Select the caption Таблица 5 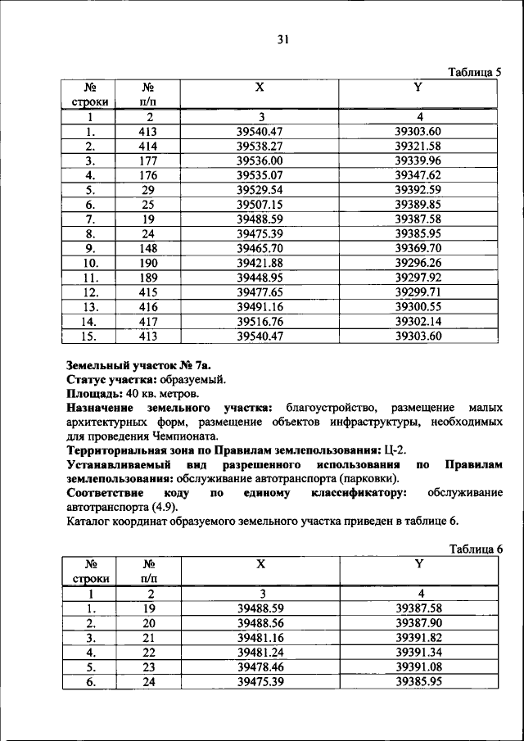click(x=474, y=72)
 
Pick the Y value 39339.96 click(x=418, y=160)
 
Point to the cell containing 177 click(x=148, y=160)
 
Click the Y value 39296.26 click(x=418, y=263)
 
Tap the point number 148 click(x=148, y=248)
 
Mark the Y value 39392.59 click(x=418, y=190)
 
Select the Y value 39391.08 click(x=418, y=666)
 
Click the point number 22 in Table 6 click(x=148, y=652)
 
